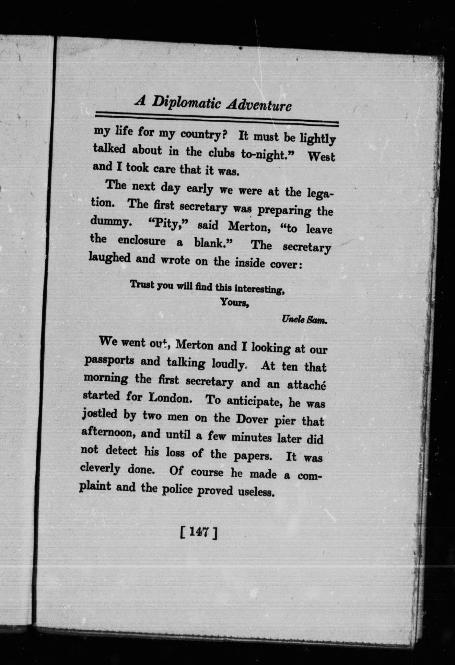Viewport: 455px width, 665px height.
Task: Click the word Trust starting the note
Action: click(x=142, y=285)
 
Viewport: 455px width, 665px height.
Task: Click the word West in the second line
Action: click(x=321, y=156)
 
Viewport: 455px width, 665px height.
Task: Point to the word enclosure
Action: click(x=141, y=241)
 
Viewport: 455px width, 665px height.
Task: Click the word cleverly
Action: click(x=100, y=468)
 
